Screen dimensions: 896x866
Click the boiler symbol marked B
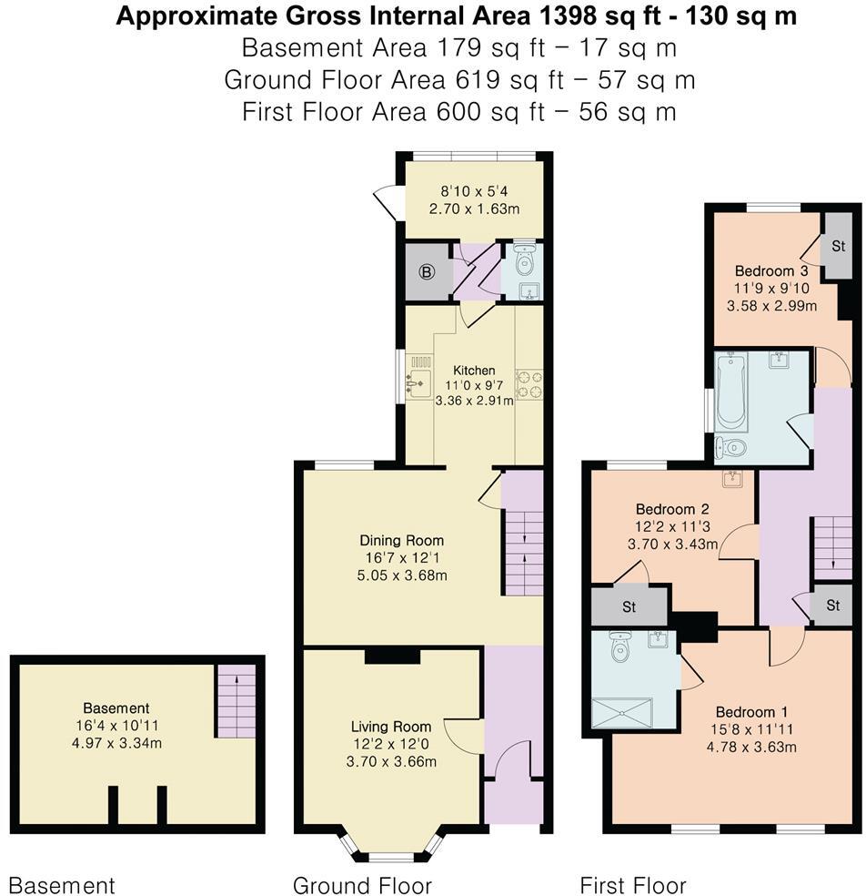tap(428, 270)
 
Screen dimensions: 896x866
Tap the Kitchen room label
tap(475, 371)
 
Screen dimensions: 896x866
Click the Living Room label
tap(391, 727)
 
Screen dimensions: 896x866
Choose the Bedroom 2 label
tap(672, 509)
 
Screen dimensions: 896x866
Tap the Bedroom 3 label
tap(771, 270)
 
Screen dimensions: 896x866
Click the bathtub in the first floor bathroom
tap(730, 392)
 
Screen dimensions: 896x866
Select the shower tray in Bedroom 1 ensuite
tap(622, 712)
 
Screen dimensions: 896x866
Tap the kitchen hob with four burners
tap(529, 383)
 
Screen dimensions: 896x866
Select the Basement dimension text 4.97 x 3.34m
tap(116, 741)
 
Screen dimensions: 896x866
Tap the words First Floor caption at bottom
tap(633, 885)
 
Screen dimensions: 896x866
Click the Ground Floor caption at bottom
tap(362, 885)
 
